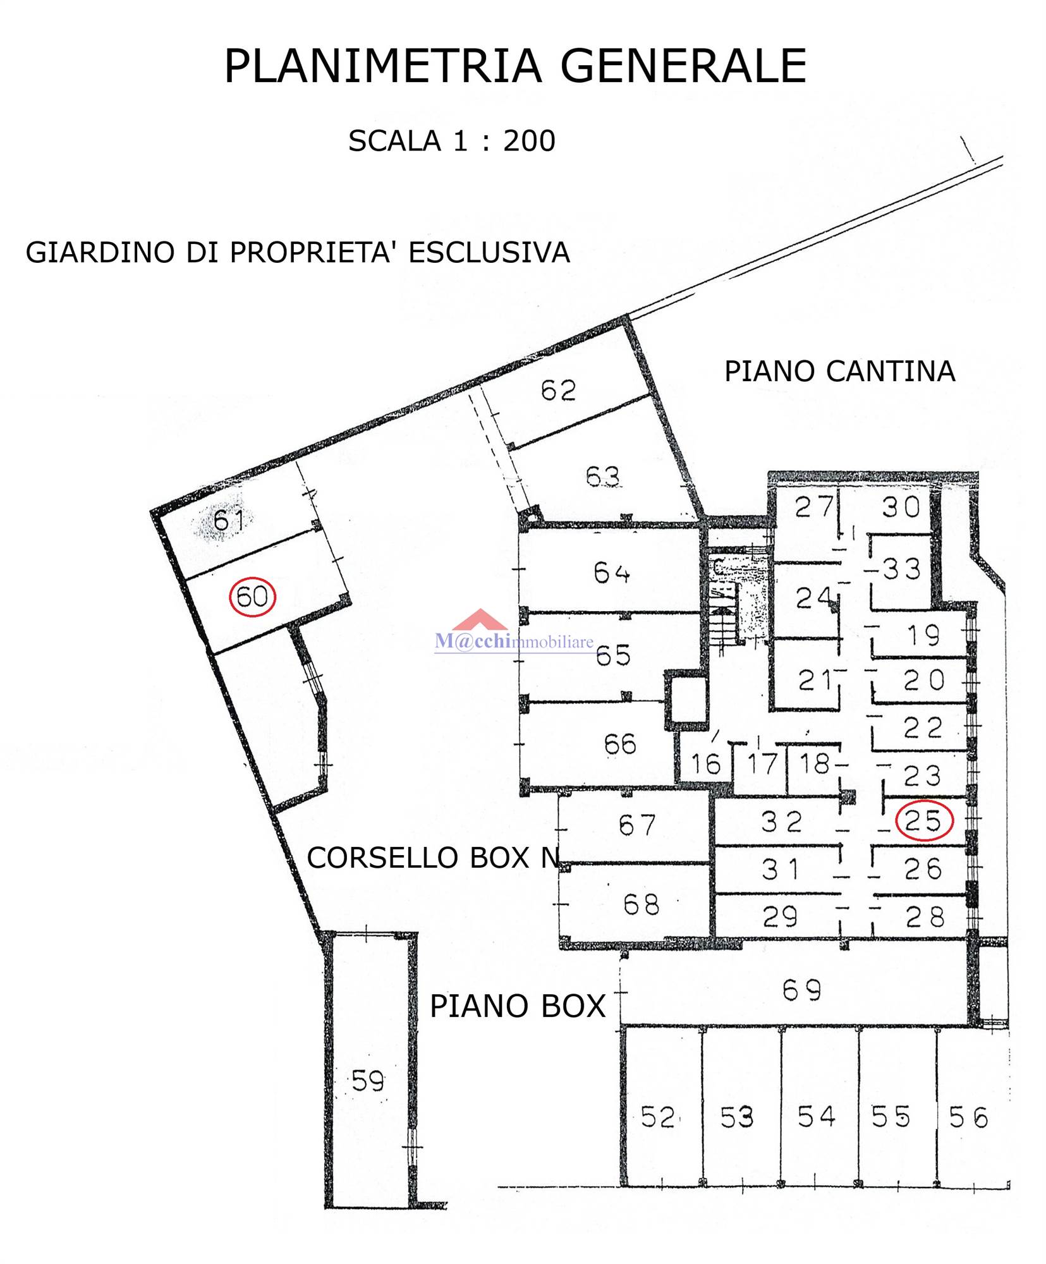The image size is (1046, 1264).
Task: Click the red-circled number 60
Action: pos(252,596)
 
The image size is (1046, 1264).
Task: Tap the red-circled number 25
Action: pos(924,820)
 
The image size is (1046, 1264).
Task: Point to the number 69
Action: pos(801,990)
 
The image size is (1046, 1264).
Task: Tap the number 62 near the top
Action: pos(558,391)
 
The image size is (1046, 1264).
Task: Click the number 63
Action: pos(602,477)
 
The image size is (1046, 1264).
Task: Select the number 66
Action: pos(619,744)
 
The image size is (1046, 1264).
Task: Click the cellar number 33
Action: pos(901,569)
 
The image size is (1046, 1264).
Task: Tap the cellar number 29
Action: pos(780,916)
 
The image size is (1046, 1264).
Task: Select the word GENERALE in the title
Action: pos(683,65)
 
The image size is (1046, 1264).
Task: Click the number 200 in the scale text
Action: pos(529,140)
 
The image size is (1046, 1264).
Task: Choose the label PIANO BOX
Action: pos(518,1006)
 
